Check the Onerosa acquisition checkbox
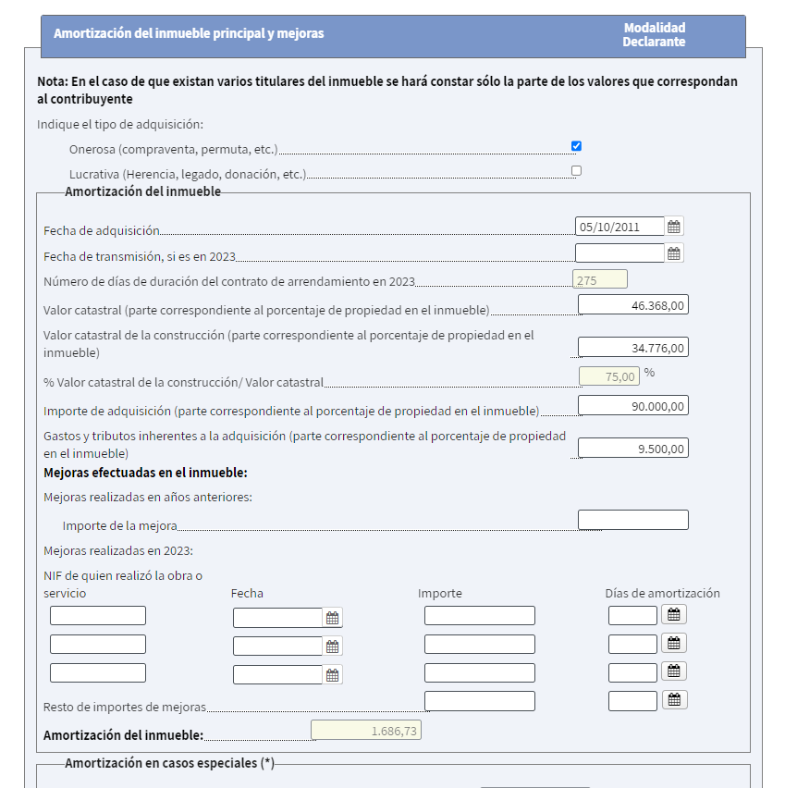click(x=576, y=146)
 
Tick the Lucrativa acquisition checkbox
click(x=576, y=170)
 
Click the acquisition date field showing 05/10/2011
click(x=619, y=227)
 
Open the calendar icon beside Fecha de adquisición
click(x=674, y=227)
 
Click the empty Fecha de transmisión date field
click(x=619, y=253)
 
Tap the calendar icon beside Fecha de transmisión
click(x=674, y=253)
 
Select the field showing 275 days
click(x=600, y=279)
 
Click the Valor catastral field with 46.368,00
click(x=632, y=305)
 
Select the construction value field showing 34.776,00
click(x=632, y=348)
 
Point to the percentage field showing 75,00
click(x=608, y=376)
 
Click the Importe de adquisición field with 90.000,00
click(x=632, y=406)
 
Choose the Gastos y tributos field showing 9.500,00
click(x=632, y=449)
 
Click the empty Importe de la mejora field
click(x=632, y=520)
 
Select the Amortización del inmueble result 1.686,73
click(x=366, y=731)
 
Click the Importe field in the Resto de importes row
click(x=479, y=701)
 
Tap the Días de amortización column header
click(x=662, y=594)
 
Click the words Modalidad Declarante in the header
click(x=654, y=35)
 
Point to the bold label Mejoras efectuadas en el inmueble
click(x=145, y=474)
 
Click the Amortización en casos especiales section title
click(x=169, y=764)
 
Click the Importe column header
click(x=440, y=594)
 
